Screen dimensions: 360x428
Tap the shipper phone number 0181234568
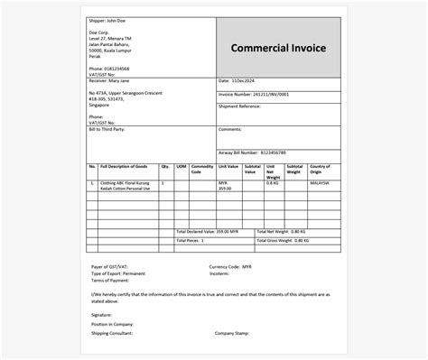[117, 69]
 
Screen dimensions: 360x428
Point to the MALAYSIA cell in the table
[320, 182]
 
